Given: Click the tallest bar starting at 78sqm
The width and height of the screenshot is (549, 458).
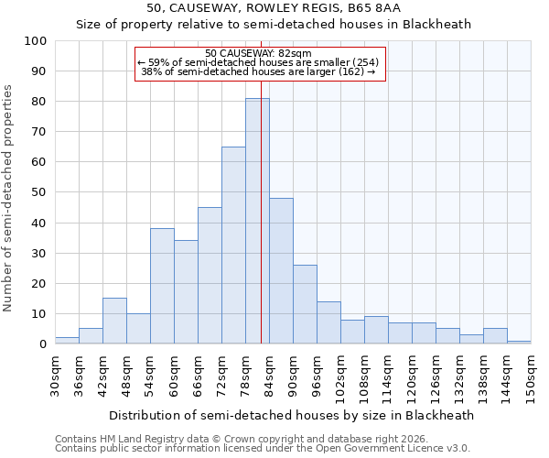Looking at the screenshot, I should (257, 221).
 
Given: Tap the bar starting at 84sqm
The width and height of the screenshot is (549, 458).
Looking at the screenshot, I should (281, 271).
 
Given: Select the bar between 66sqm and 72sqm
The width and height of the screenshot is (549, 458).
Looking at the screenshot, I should (210, 276).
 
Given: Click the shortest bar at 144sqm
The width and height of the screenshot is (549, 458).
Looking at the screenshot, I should (519, 342).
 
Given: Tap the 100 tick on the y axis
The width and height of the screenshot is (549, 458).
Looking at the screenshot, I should (36, 41).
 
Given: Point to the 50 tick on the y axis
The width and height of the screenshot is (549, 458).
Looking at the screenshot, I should (39, 192).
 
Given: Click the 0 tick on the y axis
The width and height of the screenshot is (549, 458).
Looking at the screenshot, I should (43, 344).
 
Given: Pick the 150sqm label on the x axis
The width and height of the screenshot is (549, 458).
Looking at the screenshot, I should (531, 376).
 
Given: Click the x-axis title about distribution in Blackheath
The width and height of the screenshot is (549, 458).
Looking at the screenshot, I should (292, 415).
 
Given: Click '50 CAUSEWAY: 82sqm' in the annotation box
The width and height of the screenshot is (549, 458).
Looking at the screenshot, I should (259, 53).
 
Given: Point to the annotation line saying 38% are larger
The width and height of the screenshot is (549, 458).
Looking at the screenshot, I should (259, 71).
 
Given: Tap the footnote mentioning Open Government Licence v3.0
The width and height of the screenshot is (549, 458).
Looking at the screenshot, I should (263, 449).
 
